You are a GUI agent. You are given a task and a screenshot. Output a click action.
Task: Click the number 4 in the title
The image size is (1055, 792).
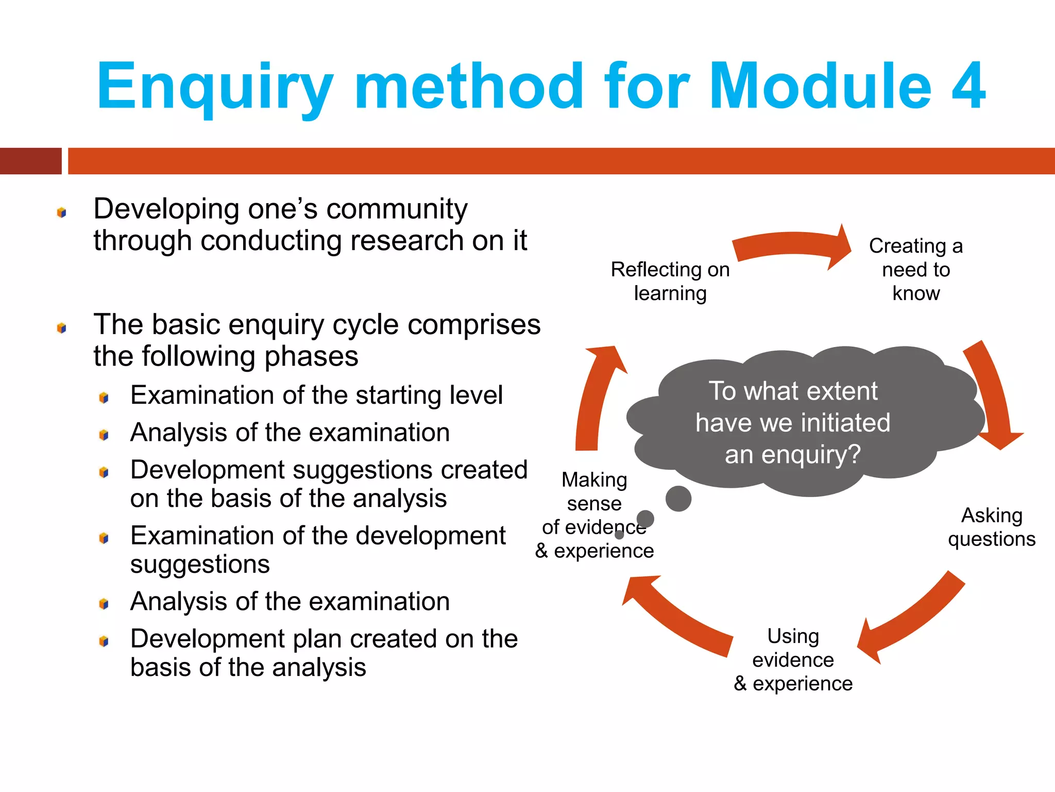[x=968, y=86]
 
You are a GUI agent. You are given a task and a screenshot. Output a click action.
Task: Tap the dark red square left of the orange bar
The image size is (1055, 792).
[x=30, y=161]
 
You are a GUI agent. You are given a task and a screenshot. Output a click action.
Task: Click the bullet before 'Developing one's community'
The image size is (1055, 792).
[x=62, y=212]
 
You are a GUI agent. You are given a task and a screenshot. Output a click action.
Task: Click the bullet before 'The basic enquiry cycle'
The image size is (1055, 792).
[x=62, y=328]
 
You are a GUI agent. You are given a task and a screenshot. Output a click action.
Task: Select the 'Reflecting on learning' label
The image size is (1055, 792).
[x=670, y=281]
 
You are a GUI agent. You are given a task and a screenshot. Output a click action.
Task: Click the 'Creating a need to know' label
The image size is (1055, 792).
[x=916, y=269]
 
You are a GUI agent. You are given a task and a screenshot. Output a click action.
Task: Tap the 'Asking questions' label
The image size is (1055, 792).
[x=992, y=527]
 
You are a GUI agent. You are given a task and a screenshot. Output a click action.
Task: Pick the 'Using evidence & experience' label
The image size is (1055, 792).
[x=793, y=659]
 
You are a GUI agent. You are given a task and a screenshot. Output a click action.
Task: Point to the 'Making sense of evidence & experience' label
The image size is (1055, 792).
[x=594, y=515]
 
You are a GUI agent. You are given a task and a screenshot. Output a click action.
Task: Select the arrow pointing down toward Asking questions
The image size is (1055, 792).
[x=992, y=397]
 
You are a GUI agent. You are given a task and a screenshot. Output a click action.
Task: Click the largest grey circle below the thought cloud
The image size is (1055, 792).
[x=678, y=499]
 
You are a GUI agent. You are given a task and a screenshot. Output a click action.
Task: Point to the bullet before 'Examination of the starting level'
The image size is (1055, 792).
[x=104, y=398]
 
